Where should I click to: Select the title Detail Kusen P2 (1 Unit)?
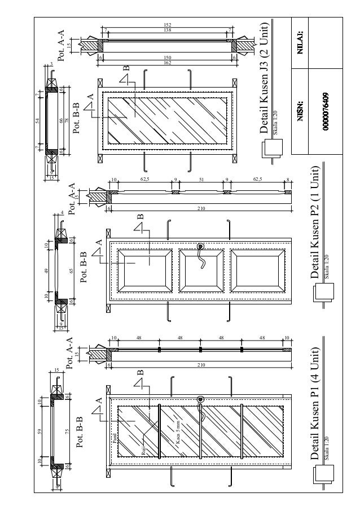point(315,223)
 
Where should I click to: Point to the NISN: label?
point(301,111)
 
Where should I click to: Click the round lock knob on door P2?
point(200,246)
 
